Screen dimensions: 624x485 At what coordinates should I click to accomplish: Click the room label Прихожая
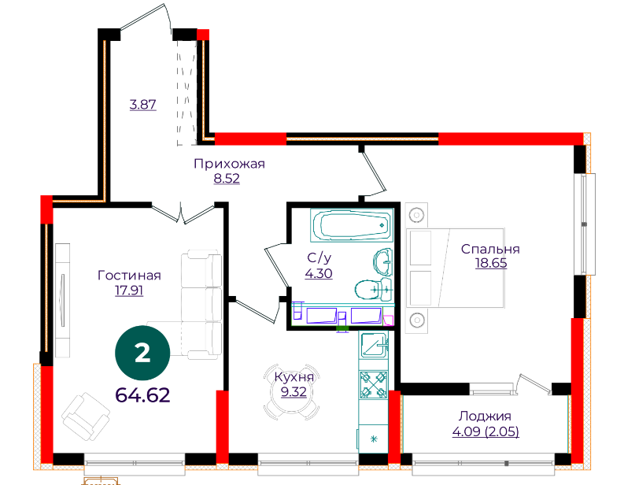click(229, 164)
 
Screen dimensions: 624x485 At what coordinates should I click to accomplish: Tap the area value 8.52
click(227, 179)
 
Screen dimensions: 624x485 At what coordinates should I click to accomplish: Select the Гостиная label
click(129, 275)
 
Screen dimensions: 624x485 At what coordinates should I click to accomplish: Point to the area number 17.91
click(129, 291)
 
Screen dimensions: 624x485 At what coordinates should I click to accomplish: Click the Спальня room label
click(490, 249)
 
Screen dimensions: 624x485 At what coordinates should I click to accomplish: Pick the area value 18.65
click(491, 263)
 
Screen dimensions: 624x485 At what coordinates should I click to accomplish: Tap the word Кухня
click(294, 376)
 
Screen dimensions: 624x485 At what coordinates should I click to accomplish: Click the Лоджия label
click(485, 417)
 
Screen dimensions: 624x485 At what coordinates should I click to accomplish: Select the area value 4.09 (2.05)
click(486, 431)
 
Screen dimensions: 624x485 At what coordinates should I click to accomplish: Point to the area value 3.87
click(143, 105)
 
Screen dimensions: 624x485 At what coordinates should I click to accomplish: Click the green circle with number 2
click(142, 353)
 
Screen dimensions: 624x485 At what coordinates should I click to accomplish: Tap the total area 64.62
click(142, 395)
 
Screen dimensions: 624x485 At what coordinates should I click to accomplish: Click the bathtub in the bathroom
click(352, 225)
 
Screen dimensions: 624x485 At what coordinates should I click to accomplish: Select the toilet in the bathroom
click(373, 290)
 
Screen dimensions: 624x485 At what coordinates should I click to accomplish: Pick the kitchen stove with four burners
click(373, 385)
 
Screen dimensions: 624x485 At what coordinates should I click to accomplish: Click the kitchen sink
click(374, 345)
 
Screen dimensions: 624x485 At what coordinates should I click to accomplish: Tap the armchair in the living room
click(86, 417)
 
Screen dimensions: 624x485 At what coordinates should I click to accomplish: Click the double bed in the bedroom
click(456, 268)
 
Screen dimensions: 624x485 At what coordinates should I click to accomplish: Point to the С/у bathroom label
click(319, 258)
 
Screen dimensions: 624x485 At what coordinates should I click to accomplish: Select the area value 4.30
click(319, 273)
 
